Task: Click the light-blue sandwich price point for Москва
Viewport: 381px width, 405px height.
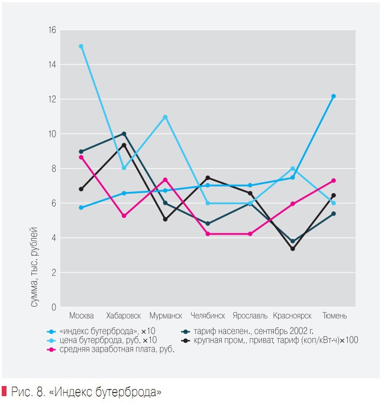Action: tap(81, 46)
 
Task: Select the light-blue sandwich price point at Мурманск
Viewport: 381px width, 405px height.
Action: tap(166, 117)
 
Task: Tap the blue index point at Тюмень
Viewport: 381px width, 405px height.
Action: tap(334, 96)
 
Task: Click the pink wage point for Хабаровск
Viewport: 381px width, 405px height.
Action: tap(124, 216)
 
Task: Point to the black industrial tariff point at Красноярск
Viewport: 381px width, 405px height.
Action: tap(292, 249)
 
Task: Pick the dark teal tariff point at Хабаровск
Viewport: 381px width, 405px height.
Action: tap(124, 134)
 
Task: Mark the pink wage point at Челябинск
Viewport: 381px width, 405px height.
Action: tap(208, 234)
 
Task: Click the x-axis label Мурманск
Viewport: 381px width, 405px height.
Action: tap(166, 316)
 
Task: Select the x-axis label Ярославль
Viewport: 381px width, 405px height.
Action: tap(250, 316)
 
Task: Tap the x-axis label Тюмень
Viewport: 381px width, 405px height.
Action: tap(334, 316)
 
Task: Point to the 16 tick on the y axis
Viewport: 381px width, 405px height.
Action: tap(53, 30)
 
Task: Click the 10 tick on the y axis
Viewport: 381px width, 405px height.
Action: tap(53, 134)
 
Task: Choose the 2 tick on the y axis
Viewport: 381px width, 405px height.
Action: tap(54, 273)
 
